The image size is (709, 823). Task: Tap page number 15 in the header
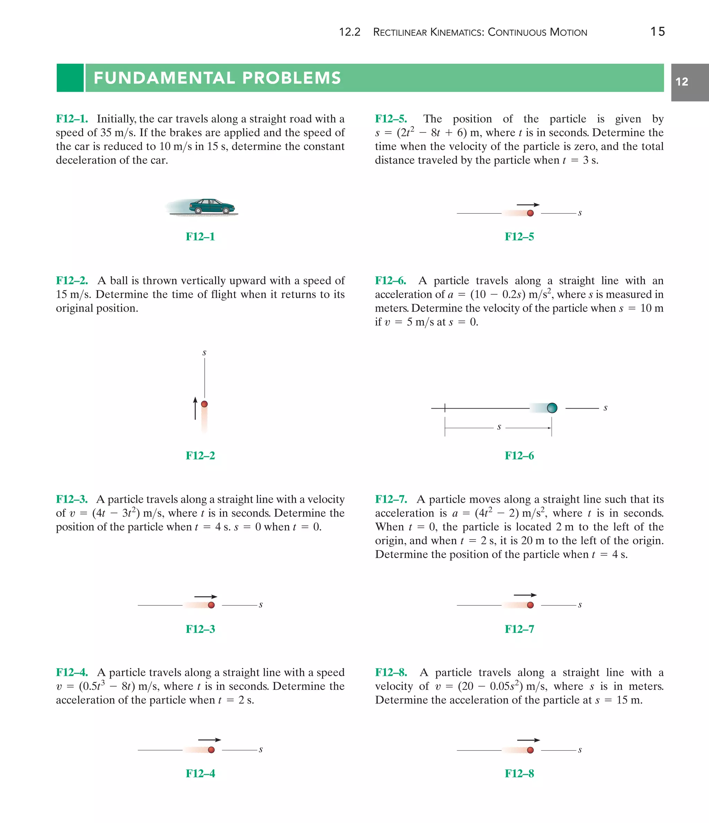coord(657,32)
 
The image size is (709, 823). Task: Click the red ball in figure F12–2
coord(204,404)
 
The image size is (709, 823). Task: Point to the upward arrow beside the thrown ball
coord(195,408)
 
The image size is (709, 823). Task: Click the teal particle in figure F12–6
coord(552,408)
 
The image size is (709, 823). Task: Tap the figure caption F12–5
coord(519,237)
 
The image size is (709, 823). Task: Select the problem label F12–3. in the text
coord(72,499)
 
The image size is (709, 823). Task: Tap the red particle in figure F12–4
coord(211,750)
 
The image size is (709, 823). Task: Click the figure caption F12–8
coord(519,773)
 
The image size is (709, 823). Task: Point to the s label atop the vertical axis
coord(204,353)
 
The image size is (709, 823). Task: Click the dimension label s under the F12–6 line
coord(499,427)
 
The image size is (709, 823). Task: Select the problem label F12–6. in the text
coord(391,281)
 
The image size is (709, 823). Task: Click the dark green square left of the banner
coord(70,78)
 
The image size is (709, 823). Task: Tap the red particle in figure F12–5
coord(530,213)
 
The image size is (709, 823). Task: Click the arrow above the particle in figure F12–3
coord(206,597)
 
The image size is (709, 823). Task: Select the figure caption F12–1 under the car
coord(200,237)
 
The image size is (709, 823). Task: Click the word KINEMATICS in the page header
coord(456,33)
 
